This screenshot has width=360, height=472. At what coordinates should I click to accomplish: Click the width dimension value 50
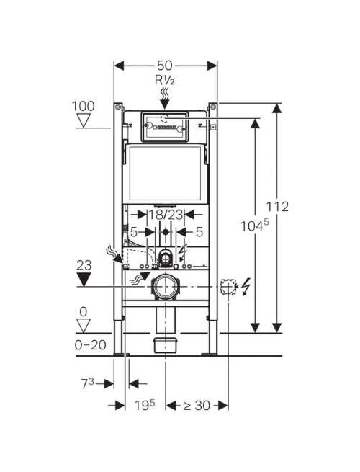[164, 66]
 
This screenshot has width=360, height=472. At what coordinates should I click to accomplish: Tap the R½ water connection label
[164, 80]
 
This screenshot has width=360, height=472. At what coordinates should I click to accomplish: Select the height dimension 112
[277, 207]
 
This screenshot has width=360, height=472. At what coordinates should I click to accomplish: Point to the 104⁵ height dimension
[254, 226]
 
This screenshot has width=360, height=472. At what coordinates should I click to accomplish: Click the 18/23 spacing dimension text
[166, 215]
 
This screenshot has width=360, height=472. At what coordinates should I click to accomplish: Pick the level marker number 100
[83, 106]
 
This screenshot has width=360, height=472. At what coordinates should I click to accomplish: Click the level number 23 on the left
[84, 265]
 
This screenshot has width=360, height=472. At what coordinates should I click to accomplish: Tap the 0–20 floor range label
[90, 345]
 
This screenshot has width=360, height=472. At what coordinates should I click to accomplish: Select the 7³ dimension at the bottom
[88, 383]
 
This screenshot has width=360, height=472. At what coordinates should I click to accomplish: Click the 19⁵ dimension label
[145, 405]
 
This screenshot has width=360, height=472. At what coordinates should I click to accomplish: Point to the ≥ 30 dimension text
[197, 406]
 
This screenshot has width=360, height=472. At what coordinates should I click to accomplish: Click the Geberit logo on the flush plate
[166, 128]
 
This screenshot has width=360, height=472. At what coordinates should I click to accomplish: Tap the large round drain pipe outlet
[165, 287]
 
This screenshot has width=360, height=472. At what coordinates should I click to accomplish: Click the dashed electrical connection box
[228, 287]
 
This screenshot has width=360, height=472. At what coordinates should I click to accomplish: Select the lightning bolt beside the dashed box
[246, 288]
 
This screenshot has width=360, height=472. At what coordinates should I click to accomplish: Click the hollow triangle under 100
[84, 120]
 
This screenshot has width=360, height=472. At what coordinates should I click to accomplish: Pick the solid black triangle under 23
[84, 280]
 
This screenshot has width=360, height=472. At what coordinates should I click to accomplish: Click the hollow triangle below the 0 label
[84, 326]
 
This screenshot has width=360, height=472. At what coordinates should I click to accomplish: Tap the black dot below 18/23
[165, 232]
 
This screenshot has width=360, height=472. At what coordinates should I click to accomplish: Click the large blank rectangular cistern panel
[164, 174]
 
